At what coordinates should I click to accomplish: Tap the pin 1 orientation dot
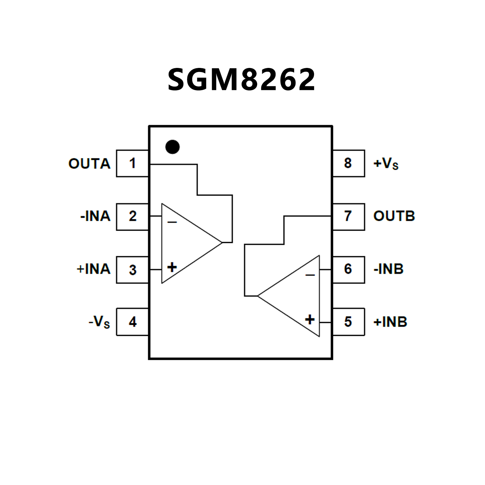pyautogui.click(x=173, y=147)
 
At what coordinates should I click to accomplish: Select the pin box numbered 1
pyautogui.click(x=132, y=163)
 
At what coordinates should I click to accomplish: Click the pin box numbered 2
pyautogui.click(x=132, y=217)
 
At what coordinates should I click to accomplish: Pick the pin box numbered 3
pyautogui.click(x=132, y=270)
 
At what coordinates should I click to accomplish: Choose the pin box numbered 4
pyautogui.click(x=132, y=322)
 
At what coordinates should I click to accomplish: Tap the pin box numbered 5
pyautogui.click(x=348, y=322)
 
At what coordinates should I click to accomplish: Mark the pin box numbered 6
pyautogui.click(x=348, y=269)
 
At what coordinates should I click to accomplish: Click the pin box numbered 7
pyautogui.click(x=348, y=217)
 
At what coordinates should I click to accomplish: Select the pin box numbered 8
pyautogui.click(x=348, y=163)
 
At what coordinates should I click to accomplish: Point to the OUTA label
pyautogui.click(x=89, y=164)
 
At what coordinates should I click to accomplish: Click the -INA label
pyautogui.click(x=95, y=216)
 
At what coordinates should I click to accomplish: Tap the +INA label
pyautogui.click(x=94, y=269)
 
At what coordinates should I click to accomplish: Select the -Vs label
pyautogui.click(x=99, y=322)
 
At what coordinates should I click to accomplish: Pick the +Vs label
pyautogui.click(x=386, y=164)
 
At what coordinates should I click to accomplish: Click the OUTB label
pyautogui.click(x=394, y=216)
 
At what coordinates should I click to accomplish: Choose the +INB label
pyautogui.click(x=390, y=322)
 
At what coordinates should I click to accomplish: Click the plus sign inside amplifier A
pyautogui.click(x=172, y=267)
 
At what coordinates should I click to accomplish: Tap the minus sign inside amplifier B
pyautogui.click(x=310, y=275)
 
